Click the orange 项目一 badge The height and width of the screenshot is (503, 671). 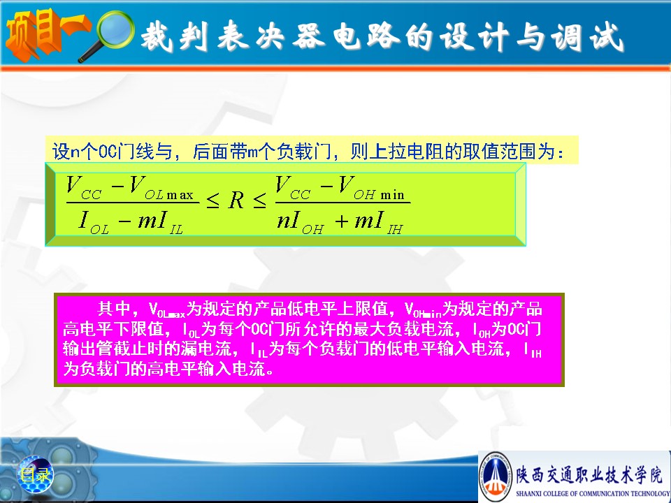pyautogui.click(x=45, y=34)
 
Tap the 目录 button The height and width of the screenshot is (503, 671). pyautogui.click(x=35, y=474)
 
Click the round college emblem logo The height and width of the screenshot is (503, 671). pyautogui.click(x=496, y=476)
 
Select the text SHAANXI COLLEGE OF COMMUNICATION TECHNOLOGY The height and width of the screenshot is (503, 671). pyautogui.click(x=593, y=494)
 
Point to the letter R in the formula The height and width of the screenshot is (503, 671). pyautogui.click(x=236, y=201)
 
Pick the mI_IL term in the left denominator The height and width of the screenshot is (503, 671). pyautogui.click(x=161, y=222)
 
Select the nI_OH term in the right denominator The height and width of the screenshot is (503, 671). pyautogui.click(x=300, y=222)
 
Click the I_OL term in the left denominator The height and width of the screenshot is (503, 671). pyautogui.click(x=94, y=222)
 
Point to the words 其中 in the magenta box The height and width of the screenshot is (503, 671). pyautogui.click(x=114, y=308)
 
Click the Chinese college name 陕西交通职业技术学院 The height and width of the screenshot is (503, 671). pyautogui.click(x=589, y=475)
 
